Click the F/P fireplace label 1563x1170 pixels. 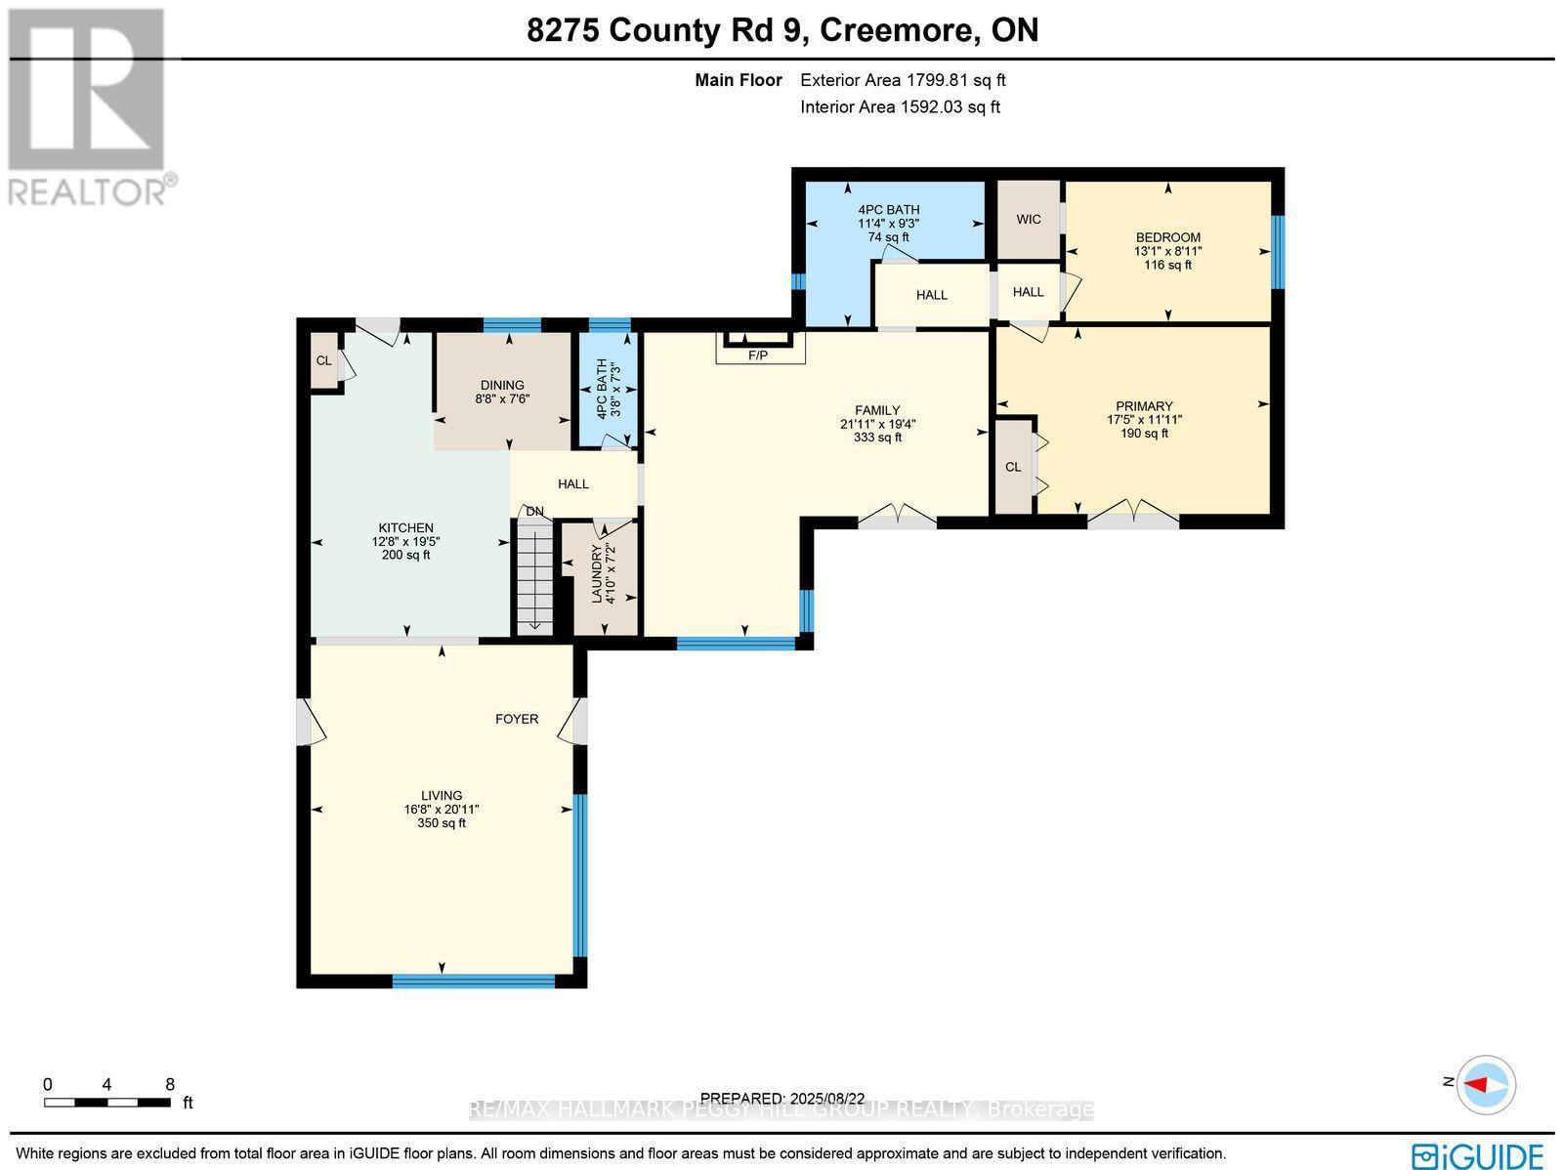coord(758,355)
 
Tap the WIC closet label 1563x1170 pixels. coord(1029,219)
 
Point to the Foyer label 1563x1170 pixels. coord(517,719)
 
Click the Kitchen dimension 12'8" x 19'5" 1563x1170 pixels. coord(406,541)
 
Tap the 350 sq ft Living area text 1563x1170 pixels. coord(442,823)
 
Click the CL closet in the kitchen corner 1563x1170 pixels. coord(323,360)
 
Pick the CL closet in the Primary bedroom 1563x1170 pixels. coord(1013,467)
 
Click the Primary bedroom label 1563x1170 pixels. coord(1144,406)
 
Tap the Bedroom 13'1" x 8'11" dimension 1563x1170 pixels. coord(1167,251)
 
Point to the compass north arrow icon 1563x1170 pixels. coord(1486,1084)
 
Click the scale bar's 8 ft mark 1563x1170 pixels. coord(170,1084)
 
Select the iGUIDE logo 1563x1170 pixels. coord(1477,1154)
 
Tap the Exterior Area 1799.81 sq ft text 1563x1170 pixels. coord(903,81)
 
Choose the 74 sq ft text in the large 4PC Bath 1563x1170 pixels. coord(888,237)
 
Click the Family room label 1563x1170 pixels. coord(877,410)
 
